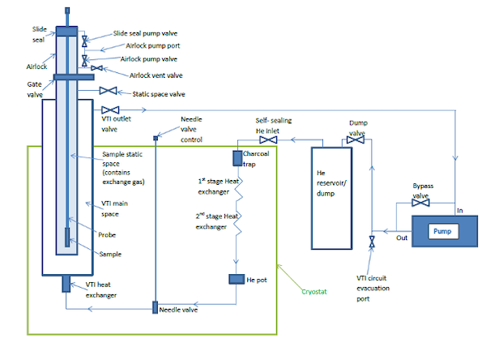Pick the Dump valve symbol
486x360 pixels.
point(353,140)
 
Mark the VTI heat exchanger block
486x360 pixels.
point(66,285)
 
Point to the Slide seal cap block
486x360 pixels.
point(66,31)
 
